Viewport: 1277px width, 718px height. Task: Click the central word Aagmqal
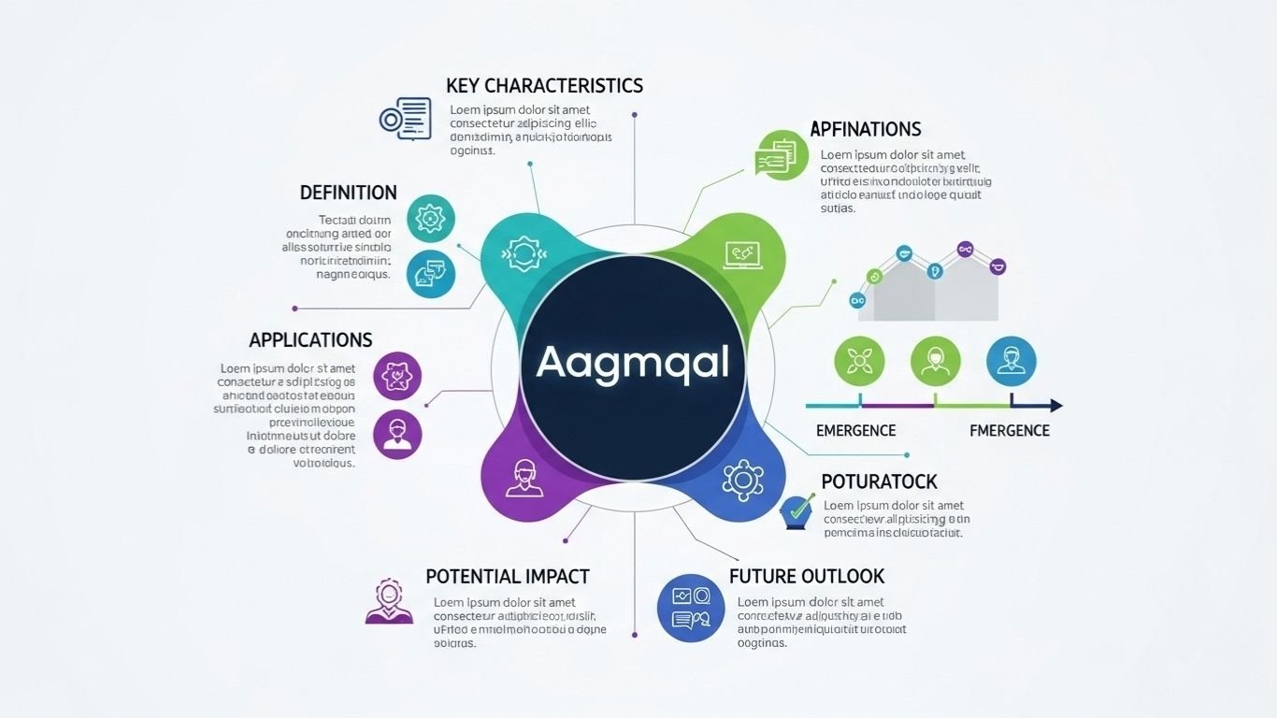(x=633, y=363)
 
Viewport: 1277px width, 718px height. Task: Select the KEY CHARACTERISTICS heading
(x=544, y=86)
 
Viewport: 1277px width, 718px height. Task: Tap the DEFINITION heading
(x=348, y=193)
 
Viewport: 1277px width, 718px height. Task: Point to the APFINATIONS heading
(x=865, y=129)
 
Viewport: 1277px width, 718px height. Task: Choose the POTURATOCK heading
(x=879, y=481)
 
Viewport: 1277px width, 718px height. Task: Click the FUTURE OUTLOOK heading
(x=806, y=576)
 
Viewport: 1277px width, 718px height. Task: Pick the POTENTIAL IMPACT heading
(x=507, y=576)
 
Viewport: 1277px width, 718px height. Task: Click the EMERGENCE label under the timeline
(x=855, y=431)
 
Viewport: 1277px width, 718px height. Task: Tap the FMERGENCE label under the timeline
(x=1009, y=431)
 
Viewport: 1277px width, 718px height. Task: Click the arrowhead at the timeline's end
(x=1055, y=406)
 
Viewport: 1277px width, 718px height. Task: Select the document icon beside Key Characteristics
(x=405, y=119)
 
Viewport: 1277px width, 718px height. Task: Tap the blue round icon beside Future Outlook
(x=690, y=608)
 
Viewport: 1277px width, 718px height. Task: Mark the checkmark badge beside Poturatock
(x=796, y=510)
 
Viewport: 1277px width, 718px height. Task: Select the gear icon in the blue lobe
(x=743, y=480)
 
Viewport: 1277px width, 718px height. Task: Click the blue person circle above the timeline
(x=1011, y=361)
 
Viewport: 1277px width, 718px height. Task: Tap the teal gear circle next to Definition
(x=431, y=219)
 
